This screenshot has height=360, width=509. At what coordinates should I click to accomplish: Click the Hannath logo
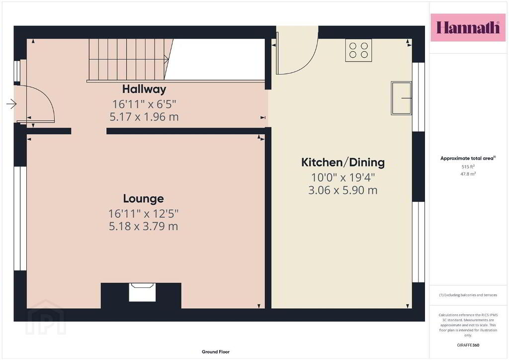tap(468, 27)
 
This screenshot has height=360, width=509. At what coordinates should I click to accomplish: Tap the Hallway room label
tap(144, 89)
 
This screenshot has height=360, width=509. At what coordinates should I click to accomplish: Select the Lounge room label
tap(143, 198)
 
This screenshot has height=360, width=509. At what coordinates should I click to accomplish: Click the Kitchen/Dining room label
tap(343, 162)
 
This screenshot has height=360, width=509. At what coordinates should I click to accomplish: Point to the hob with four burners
tap(358, 50)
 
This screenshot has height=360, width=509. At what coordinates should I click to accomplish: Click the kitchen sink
tap(401, 98)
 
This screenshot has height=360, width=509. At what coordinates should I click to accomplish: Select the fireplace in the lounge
tap(142, 292)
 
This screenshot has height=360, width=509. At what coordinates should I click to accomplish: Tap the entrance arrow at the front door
tap(11, 104)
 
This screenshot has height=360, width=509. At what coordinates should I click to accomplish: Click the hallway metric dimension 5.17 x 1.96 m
tap(144, 116)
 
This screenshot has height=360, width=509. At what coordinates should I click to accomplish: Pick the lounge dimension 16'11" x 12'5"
tap(143, 214)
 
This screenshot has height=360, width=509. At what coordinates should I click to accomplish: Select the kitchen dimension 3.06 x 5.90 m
tap(343, 190)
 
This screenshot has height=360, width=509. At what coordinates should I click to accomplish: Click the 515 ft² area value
tap(468, 167)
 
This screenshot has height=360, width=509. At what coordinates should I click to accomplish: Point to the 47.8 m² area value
tap(468, 174)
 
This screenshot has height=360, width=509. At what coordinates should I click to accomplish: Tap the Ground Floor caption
tap(216, 352)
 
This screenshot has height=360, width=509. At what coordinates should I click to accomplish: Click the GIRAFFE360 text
tap(468, 345)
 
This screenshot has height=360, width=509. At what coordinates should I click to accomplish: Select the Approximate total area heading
tap(468, 159)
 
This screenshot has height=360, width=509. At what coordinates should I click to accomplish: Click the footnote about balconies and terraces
tap(468, 295)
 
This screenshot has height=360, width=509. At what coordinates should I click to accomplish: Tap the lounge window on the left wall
tap(20, 218)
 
